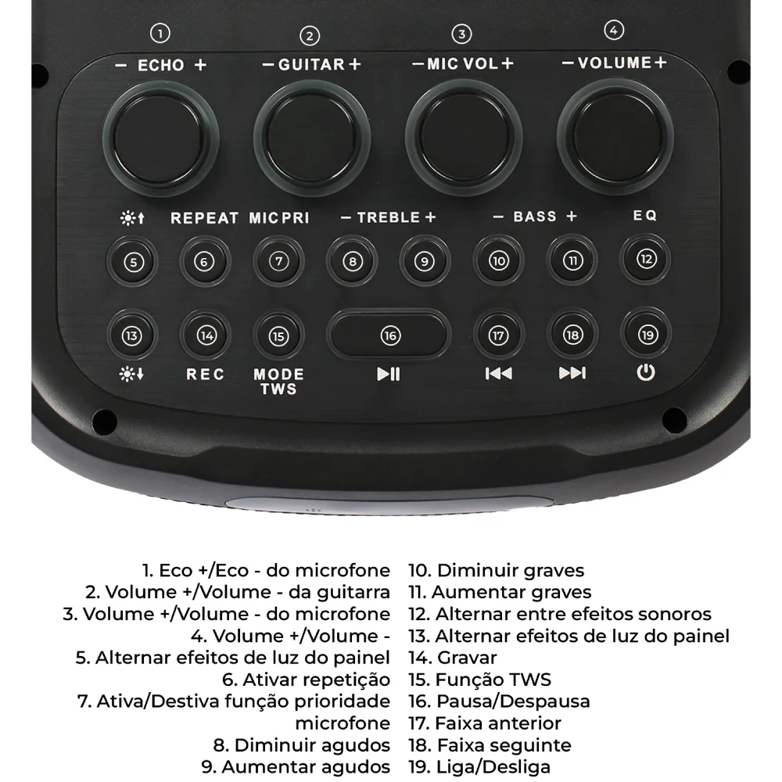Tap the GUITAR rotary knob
pos(312,138)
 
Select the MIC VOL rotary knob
pos(464,137)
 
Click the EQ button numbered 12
pos(646,260)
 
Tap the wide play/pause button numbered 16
pos(389,335)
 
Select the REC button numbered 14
pos(206,335)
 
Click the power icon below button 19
pos(646,372)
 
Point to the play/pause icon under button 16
pos(389,374)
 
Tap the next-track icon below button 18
pos(572,373)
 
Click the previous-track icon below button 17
pos(498,373)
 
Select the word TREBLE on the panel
pos(389,217)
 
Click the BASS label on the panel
pos(535,217)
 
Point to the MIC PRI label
pos(279,218)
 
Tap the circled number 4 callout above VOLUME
pos(614,30)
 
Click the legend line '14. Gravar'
pos(453,658)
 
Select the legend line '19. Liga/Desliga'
pos(479,766)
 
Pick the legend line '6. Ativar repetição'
pos(307,680)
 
